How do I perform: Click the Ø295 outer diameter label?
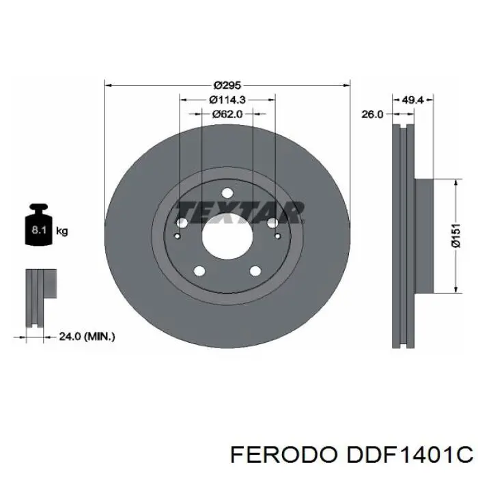pyautogui.click(x=227, y=85)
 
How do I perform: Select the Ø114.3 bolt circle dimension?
pyautogui.click(x=227, y=100)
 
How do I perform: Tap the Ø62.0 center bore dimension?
pyautogui.click(x=227, y=114)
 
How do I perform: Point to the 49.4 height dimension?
pyautogui.click(x=413, y=100)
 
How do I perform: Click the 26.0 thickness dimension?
pyautogui.click(x=371, y=115)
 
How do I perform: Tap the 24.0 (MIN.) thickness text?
pyautogui.click(x=87, y=336)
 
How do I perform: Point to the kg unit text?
pyautogui.click(x=61, y=231)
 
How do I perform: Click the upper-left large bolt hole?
pyautogui.click(x=182, y=223)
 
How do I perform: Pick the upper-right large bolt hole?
pyautogui.click(x=272, y=223)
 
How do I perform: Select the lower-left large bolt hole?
pyautogui.click(x=199, y=270)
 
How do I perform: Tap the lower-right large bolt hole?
pyautogui.click(x=255, y=270)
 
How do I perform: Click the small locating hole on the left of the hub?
pyautogui.click(x=177, y=237)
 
